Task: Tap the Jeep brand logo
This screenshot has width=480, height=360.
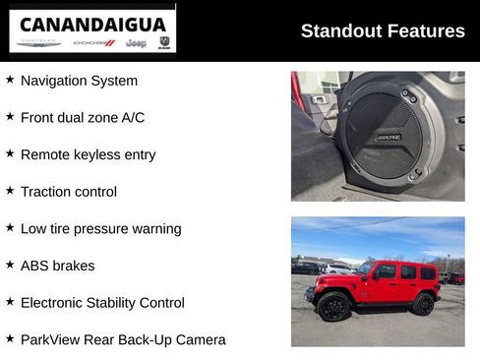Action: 137,43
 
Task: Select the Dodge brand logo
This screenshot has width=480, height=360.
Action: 94,43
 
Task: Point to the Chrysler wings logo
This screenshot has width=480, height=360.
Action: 39,43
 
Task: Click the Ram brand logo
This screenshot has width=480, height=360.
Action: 163,43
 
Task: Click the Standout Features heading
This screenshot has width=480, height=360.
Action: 383,30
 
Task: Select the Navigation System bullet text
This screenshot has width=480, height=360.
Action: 79,81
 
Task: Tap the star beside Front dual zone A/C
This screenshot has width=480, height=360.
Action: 10,117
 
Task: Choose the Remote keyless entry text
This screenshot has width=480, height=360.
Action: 88,154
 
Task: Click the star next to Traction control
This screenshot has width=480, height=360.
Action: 10,191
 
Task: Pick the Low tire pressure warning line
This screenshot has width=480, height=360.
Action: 100,228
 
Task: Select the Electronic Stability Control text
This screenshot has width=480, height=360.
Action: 102,303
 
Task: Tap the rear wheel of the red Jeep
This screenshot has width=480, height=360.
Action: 423,305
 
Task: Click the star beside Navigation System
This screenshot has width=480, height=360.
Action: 10,80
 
